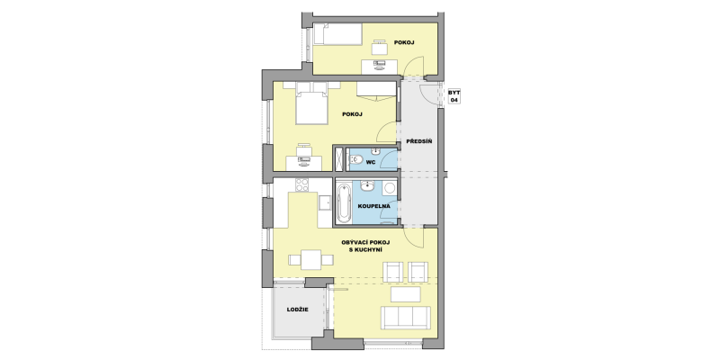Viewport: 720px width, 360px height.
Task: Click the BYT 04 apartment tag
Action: click(x=454, y=96)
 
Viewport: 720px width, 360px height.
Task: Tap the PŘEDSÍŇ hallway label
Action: click(x=418, y=141)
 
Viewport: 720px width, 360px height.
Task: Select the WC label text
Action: click(x=371, y=162)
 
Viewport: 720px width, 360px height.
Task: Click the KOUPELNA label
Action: click(x=373, y=206)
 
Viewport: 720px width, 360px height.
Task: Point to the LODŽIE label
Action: click(x=298, y=310)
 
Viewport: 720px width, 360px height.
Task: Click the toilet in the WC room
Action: click(x=355, y=160)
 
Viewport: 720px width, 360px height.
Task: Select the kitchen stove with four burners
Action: click(x=302, y=184)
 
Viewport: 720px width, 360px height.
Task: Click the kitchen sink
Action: click(x=325, y=202)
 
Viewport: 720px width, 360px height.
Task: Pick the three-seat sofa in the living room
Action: click(x=406, y=318)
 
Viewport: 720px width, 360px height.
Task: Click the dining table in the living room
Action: click(x=310, y=260)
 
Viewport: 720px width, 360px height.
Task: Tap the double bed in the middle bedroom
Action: click(x=311, y=103)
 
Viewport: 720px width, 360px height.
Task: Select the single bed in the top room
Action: click(x=338, y=34)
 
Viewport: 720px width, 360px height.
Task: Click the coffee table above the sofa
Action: click(x=406, y=294)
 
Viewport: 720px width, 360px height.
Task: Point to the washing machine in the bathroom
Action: click(x=391, y=188)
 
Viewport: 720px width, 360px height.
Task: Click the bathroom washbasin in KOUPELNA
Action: click(x=367, y=185)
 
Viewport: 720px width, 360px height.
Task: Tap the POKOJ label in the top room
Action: click(x=404, y=42)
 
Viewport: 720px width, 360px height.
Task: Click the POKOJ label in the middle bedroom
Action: click(x=352, y=114)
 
